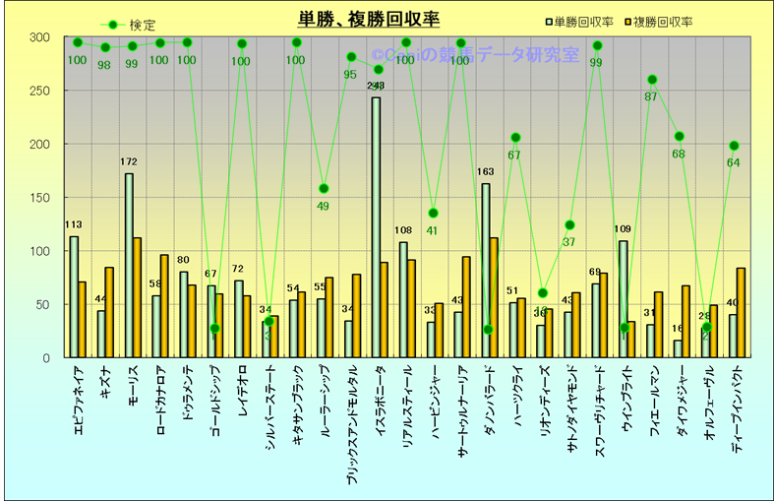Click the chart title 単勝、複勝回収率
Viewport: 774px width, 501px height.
click(370, 20)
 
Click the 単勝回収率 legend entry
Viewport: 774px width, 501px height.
click(584, 21)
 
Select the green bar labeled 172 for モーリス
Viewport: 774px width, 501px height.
click(129, 265)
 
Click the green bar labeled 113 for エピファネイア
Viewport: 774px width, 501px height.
click(74, 296)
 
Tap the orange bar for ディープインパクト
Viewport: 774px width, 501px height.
click(741, 312)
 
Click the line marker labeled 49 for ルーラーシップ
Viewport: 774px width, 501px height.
click(324, 188)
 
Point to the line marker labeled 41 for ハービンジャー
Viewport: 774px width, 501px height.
click(433, 214)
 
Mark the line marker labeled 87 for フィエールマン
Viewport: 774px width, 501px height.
click(652, 80)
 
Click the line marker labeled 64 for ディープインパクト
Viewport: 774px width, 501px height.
click(734, 146)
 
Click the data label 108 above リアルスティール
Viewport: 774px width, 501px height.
click(403, 231)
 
